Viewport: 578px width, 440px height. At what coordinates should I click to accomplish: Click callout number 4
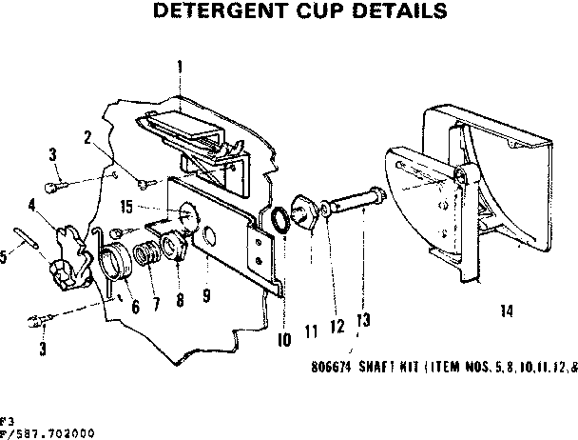[32, 203]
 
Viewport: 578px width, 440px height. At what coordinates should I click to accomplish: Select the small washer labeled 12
[326, 207]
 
